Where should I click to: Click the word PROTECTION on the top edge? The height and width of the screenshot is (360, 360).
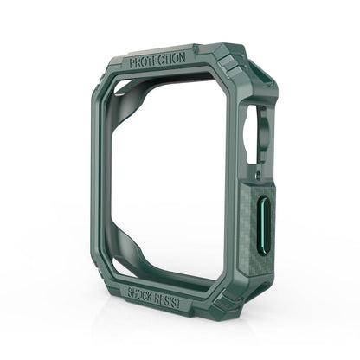point(157,62)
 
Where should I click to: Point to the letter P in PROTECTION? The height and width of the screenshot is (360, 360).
point(131,62)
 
